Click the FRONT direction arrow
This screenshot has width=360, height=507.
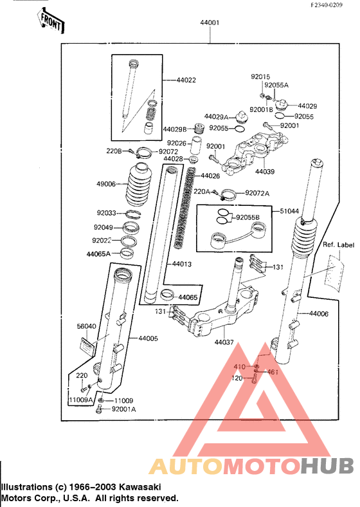tap(50, 22)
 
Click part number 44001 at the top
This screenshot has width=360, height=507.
tap(210, 23)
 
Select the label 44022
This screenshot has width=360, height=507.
tap(186, 80)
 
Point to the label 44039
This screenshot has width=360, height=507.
tap(265, 171)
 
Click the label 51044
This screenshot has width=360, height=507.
tap(289, 211)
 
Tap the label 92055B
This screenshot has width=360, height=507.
tap(248, 217)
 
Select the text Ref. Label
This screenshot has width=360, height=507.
tap(339, 244)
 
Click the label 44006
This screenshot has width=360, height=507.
tap(319, 313)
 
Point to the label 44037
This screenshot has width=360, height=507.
tap(224, 342)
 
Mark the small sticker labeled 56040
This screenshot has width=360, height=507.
tap(87, 346)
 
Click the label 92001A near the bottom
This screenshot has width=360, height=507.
tap(124, 409)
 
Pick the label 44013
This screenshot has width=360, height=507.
tap(182, 264)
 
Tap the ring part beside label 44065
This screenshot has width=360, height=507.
tap(167, 295)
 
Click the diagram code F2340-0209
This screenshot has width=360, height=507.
tap(327, 5)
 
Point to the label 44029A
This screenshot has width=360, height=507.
tap(216, 116)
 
